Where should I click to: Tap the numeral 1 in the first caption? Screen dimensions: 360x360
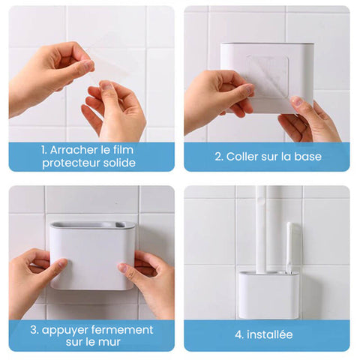(x=43, y=149)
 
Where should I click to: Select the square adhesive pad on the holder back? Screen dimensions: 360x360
(x=268, y=76)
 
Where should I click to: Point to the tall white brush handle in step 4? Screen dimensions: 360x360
(x=260, y=225)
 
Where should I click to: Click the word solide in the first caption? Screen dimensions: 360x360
(x=118, y=163)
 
